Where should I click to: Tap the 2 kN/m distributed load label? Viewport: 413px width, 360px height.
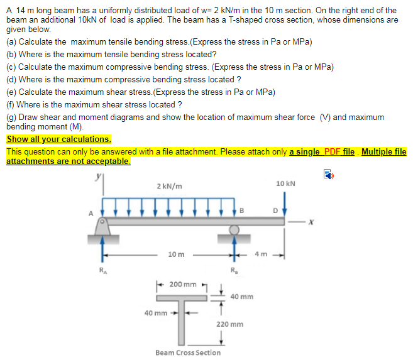pos(170,187)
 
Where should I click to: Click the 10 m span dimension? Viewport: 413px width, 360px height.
pos(177,254)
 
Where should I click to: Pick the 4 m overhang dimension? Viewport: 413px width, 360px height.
pos(261,254)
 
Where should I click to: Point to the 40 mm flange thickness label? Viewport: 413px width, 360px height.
pos(242,296)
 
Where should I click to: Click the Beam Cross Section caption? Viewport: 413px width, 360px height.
pos(188,352)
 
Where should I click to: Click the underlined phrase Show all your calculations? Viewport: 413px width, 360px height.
pos(58,139)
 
